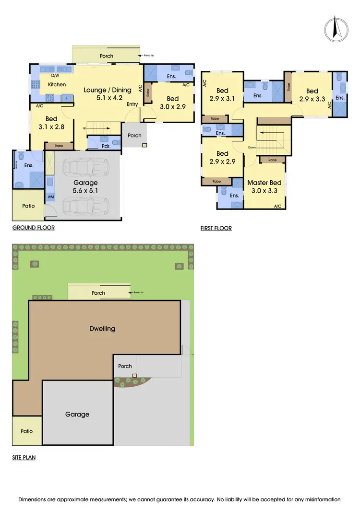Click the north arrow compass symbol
(335, 29)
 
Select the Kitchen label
(57, 85)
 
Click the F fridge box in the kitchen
(68, 98)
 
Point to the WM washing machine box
(50, 197)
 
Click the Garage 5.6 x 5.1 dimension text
(85, 191)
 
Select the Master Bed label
(264, 183)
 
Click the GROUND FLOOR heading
(33, 228)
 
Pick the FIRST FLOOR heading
(216, 228)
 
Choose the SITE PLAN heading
(24, 458)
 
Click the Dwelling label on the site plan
(102, 329)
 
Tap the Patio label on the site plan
(27, 431)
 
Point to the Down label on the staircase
(252, 147)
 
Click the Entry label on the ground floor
(132, 104)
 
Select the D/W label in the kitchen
(55, 76)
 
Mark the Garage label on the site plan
(77, 414)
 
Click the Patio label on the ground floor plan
(29, 206)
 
